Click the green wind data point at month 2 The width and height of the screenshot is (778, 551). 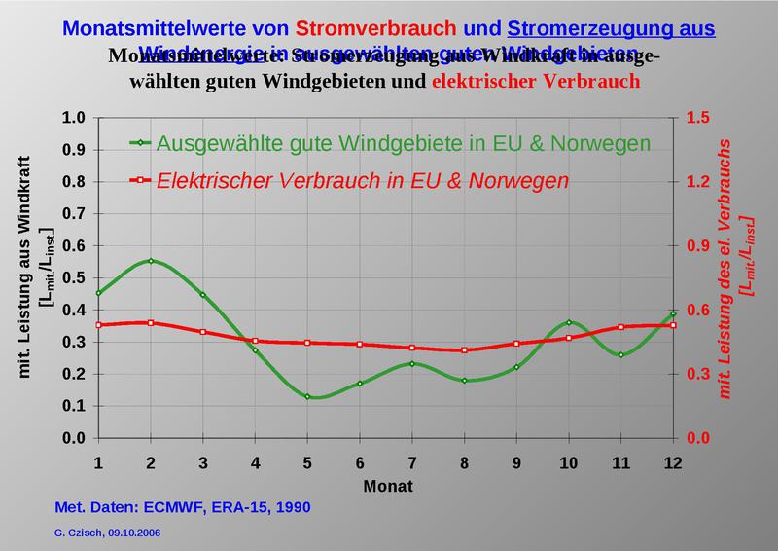(150, 261)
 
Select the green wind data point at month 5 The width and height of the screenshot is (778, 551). (307, 396)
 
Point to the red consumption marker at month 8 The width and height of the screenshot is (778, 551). (465, 349)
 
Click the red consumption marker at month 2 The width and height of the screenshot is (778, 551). (150, 322)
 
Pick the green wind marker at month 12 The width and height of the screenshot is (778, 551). (673, 313)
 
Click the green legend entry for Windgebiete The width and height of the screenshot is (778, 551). (403, 143)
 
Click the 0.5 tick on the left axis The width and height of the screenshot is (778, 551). (79, 277)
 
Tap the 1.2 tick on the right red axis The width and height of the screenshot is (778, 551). (698, 182)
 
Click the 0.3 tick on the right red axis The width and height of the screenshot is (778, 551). (698, 374)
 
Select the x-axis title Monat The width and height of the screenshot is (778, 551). (386, 484)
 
